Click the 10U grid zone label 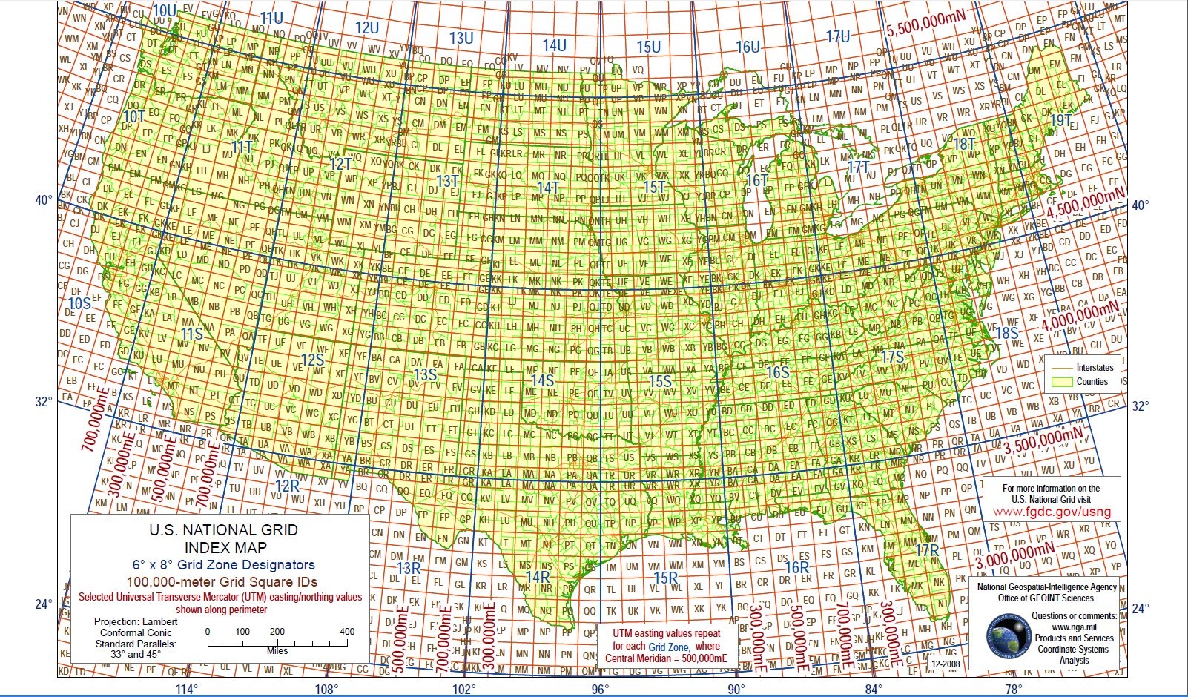(165, 10)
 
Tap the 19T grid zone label (1061, 121)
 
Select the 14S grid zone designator (543, 381)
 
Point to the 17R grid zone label (927, 550)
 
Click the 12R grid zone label (287, 486)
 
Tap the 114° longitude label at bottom (187, 690)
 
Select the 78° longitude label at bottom (1014, 690)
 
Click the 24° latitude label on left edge (43, 604)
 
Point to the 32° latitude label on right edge (1141, 406)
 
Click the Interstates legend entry (1095, 367)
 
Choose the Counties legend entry (1092, 382)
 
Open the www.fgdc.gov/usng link (1052, 512)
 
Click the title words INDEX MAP (224, 548)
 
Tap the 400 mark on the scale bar (346, 632)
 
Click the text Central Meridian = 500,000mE (666, 658)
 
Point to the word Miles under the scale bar (277, 651)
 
